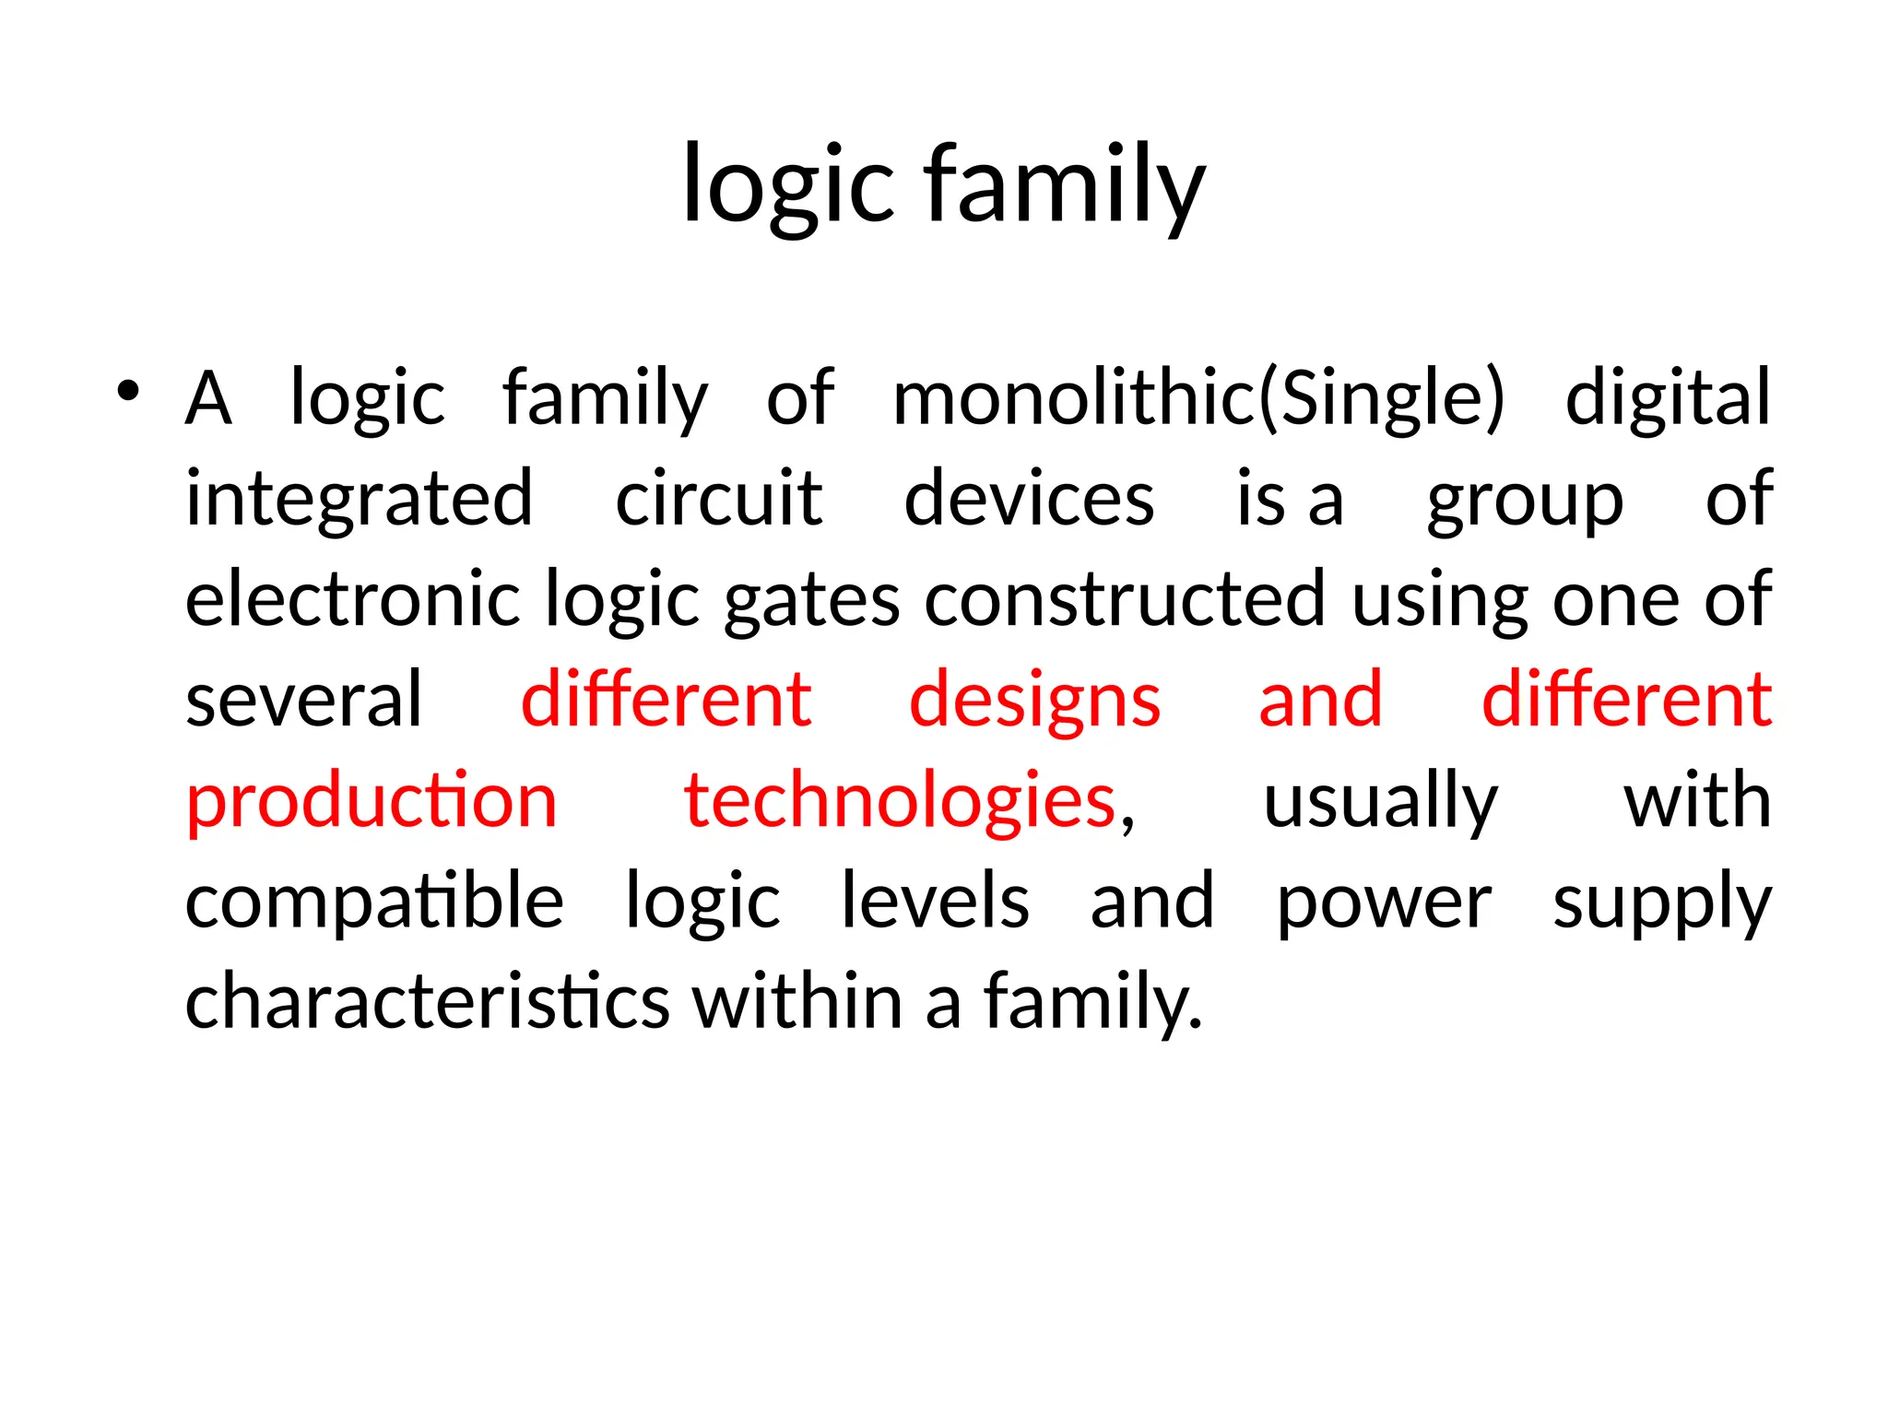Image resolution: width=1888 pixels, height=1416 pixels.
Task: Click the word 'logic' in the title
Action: click(x=788, y=184)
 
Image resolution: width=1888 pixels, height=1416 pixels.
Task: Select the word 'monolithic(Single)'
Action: click(x=1198, y=398)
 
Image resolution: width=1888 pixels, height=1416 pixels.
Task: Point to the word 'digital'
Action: click(x=1668, y=398)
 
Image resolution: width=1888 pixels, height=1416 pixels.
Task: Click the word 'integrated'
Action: click(x=360, y=499)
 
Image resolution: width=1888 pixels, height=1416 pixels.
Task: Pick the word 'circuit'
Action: click(x=718, y=499)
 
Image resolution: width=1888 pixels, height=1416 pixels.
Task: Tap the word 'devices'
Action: click(x=1029, y=499)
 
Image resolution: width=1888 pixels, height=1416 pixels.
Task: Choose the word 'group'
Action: click(x=1525, y=502)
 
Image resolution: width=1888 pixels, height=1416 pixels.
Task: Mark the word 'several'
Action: click(x=303, y=700)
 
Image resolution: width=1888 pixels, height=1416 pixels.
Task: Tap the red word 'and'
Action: click(x=1320, y=700)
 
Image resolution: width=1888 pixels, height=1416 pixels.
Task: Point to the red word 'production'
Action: click(x=372, y=802)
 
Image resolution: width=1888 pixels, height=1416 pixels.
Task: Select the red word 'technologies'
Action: click(x=900, y=802)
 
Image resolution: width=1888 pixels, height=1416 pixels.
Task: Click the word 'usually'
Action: click(x=1380, y=802)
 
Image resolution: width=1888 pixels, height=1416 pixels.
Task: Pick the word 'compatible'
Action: click(x=374, y=903)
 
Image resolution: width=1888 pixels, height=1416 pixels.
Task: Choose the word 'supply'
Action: click(x=1662, y=904)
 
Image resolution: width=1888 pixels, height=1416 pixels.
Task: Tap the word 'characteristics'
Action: click(x=427, y=1002)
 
